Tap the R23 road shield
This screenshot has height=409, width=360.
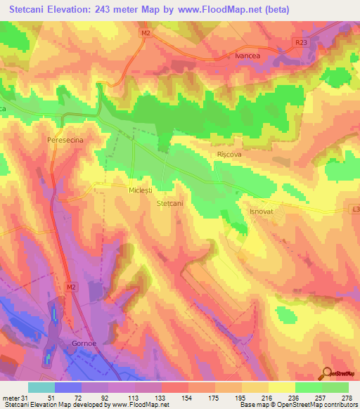302,43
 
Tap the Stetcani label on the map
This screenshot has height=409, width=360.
169,204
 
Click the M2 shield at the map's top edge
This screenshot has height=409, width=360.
146,32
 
